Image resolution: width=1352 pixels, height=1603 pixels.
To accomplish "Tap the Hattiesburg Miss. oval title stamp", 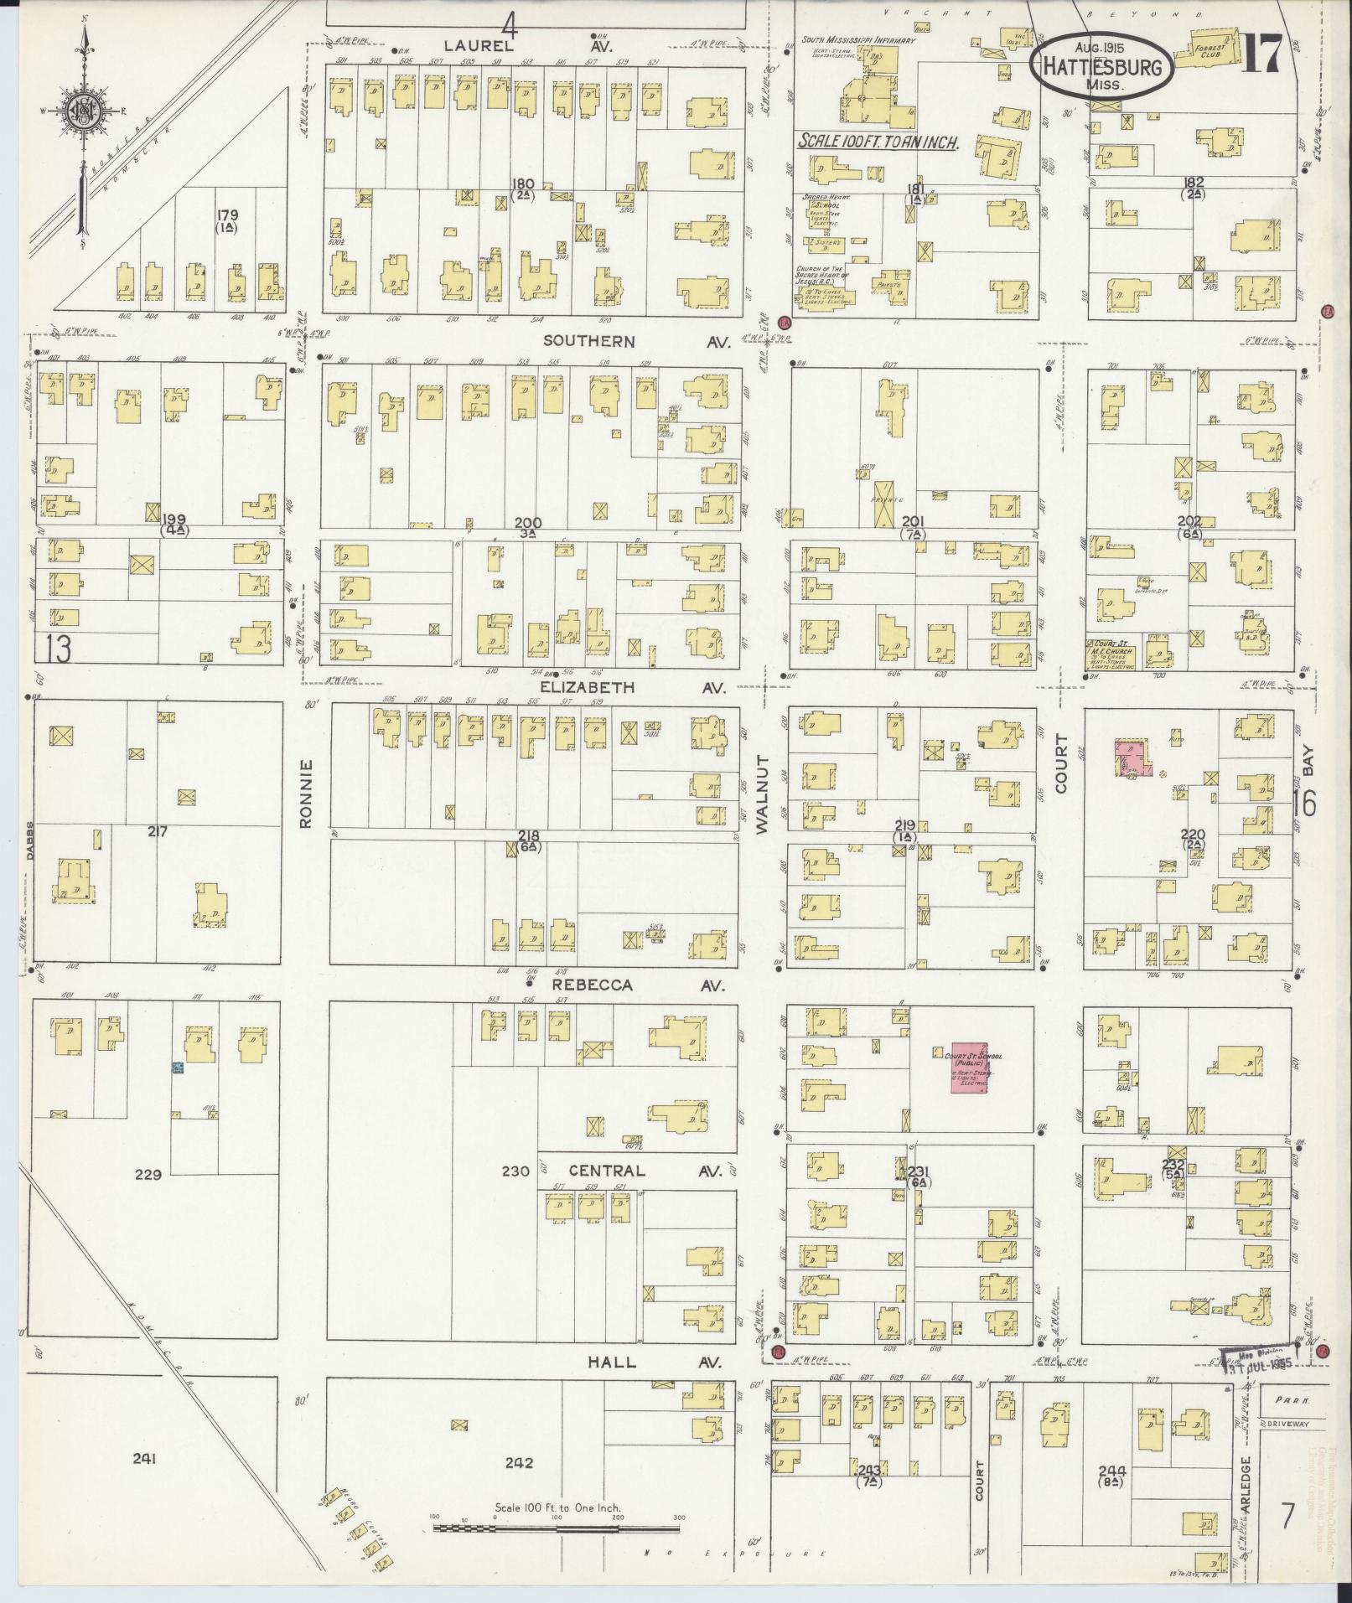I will [1101, 66].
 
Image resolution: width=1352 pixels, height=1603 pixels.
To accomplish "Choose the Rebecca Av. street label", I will [637, 985].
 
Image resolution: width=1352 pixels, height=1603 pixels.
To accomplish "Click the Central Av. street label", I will [644, 1171].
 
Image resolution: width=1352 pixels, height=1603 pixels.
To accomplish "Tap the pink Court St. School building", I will [968, 1068].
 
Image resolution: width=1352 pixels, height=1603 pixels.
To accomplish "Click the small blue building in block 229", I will [177, 1068].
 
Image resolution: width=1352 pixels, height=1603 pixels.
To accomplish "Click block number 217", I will [158, 832].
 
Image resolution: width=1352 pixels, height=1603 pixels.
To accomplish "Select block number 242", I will [520, 1463].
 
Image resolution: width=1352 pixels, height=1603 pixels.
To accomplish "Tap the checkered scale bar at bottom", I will [556, 1528].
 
